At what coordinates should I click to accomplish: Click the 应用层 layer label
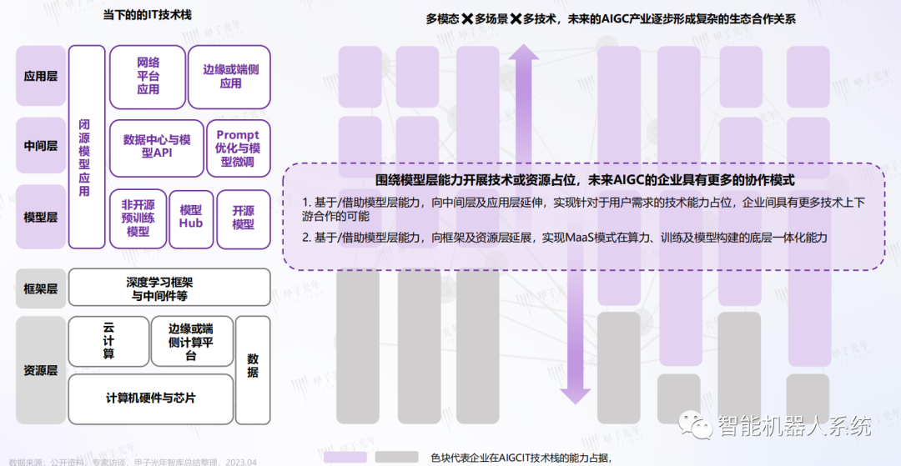(41, 76)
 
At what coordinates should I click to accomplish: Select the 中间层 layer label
(41, 146)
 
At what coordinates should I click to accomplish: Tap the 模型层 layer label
(41, 217)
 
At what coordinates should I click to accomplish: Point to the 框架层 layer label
(41, 288)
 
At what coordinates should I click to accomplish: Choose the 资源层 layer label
(41, 370)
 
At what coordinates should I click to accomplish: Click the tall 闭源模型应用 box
(85, 148)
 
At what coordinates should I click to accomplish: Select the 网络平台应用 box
(147, 76)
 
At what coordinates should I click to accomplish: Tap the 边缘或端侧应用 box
(230, 76)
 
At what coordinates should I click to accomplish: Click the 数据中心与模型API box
(156, 146)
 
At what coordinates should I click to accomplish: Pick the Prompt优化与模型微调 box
(238, 148)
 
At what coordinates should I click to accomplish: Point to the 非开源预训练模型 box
(138, 218)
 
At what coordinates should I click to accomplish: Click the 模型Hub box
(191, 218)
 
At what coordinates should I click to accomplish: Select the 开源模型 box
(244, 218)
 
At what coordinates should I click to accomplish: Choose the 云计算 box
(108, 342)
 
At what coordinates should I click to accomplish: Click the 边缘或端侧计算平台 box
(191, 342)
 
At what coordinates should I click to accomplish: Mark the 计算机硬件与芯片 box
(150, 398)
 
